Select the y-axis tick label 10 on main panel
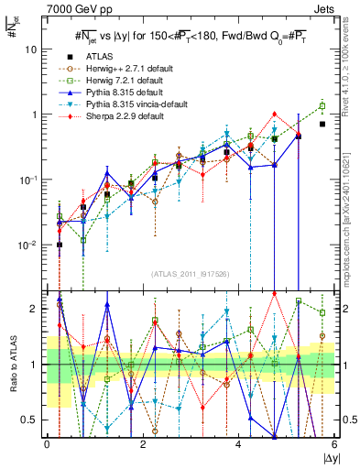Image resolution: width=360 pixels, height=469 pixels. (28, 49)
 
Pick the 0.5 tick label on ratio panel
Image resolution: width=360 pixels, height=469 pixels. (29, 420)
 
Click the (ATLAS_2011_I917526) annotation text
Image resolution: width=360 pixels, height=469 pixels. (190, 272)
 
